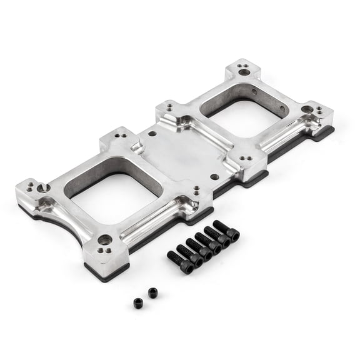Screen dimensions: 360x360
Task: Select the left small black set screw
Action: (138, 303)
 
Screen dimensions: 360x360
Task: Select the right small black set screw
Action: (152, 292)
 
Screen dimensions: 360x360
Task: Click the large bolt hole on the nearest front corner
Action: (105, 239)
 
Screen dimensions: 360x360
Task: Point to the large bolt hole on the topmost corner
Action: (244, 72)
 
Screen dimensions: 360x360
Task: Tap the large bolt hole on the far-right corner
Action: (307, 109)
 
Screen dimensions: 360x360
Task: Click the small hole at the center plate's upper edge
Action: (152, 133)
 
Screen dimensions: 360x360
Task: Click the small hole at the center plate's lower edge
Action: (214, 177)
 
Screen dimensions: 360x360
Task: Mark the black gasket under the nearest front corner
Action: (106, 271)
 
